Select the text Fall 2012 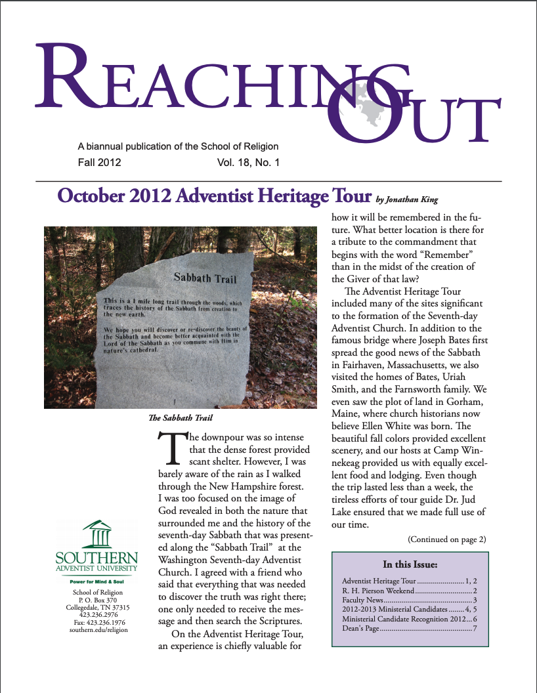pyautogui.click(x=99, y=162)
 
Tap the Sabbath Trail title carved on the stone pyautogui.click(x=205, y=278)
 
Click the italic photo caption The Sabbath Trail pyautogui.click(x=181, y=417)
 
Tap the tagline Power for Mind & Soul pyautogui.click(x=97, y=582)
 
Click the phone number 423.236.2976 pyautogui.click(x=97, y=615)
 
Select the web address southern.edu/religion pyautogui.click(x=97, y=630)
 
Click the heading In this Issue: pyautogui.click(x=410, y=564)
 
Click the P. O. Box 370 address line pyautogui.click(x=97, y=600)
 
